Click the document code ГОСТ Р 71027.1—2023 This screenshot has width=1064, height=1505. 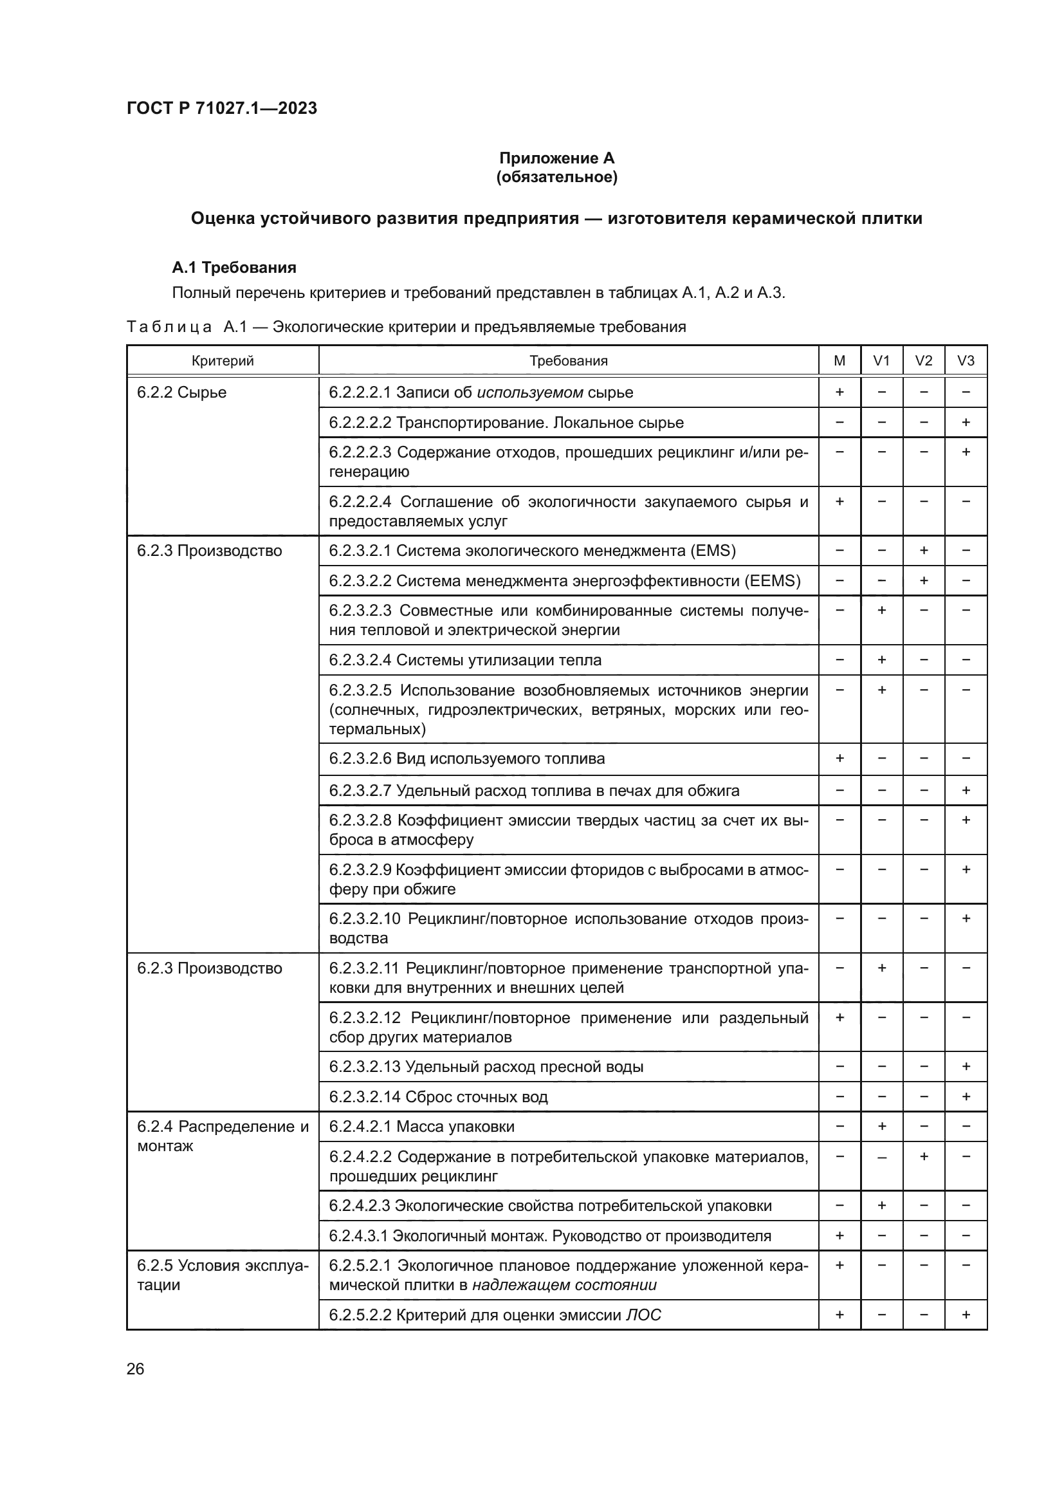[x=221, y=108]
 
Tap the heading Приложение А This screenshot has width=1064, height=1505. [x=556, y=158]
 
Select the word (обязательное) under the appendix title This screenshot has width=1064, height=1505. [x=556, y=177]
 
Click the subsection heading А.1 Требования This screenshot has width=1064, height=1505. [x=234, y=268]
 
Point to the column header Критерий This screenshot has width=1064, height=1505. [x=223, y=360]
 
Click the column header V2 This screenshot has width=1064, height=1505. [x=923, y=360]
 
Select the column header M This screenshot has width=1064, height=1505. [x=839, y=360]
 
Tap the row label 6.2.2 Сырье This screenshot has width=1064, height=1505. [x=181, y=392]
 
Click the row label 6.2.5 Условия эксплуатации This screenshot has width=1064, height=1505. [x=222, y=1275]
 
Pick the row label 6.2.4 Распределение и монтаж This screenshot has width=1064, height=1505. [x=222, y=1136]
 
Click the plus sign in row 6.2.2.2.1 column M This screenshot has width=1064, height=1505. [x=839, y=392]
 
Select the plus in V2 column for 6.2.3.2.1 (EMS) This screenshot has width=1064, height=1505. [x=923, y=551]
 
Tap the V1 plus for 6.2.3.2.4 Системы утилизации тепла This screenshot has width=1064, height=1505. [x=881, y=660]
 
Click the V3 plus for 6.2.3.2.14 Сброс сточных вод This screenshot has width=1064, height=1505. [x=965, y=1096]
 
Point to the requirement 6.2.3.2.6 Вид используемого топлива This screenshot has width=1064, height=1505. [x=466, y=759]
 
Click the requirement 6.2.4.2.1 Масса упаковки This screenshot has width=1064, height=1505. [x=421, y=1126]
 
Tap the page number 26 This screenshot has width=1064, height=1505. [x=135, y=1369]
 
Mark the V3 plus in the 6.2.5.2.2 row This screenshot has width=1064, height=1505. [x=965, y=1315]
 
